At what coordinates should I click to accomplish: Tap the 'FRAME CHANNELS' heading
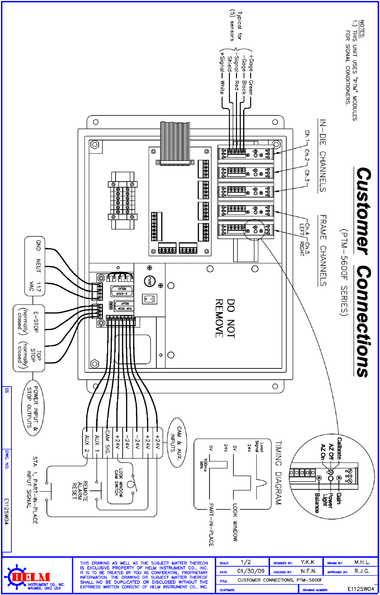click(323, 251)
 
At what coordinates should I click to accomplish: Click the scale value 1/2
click(246, 562)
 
